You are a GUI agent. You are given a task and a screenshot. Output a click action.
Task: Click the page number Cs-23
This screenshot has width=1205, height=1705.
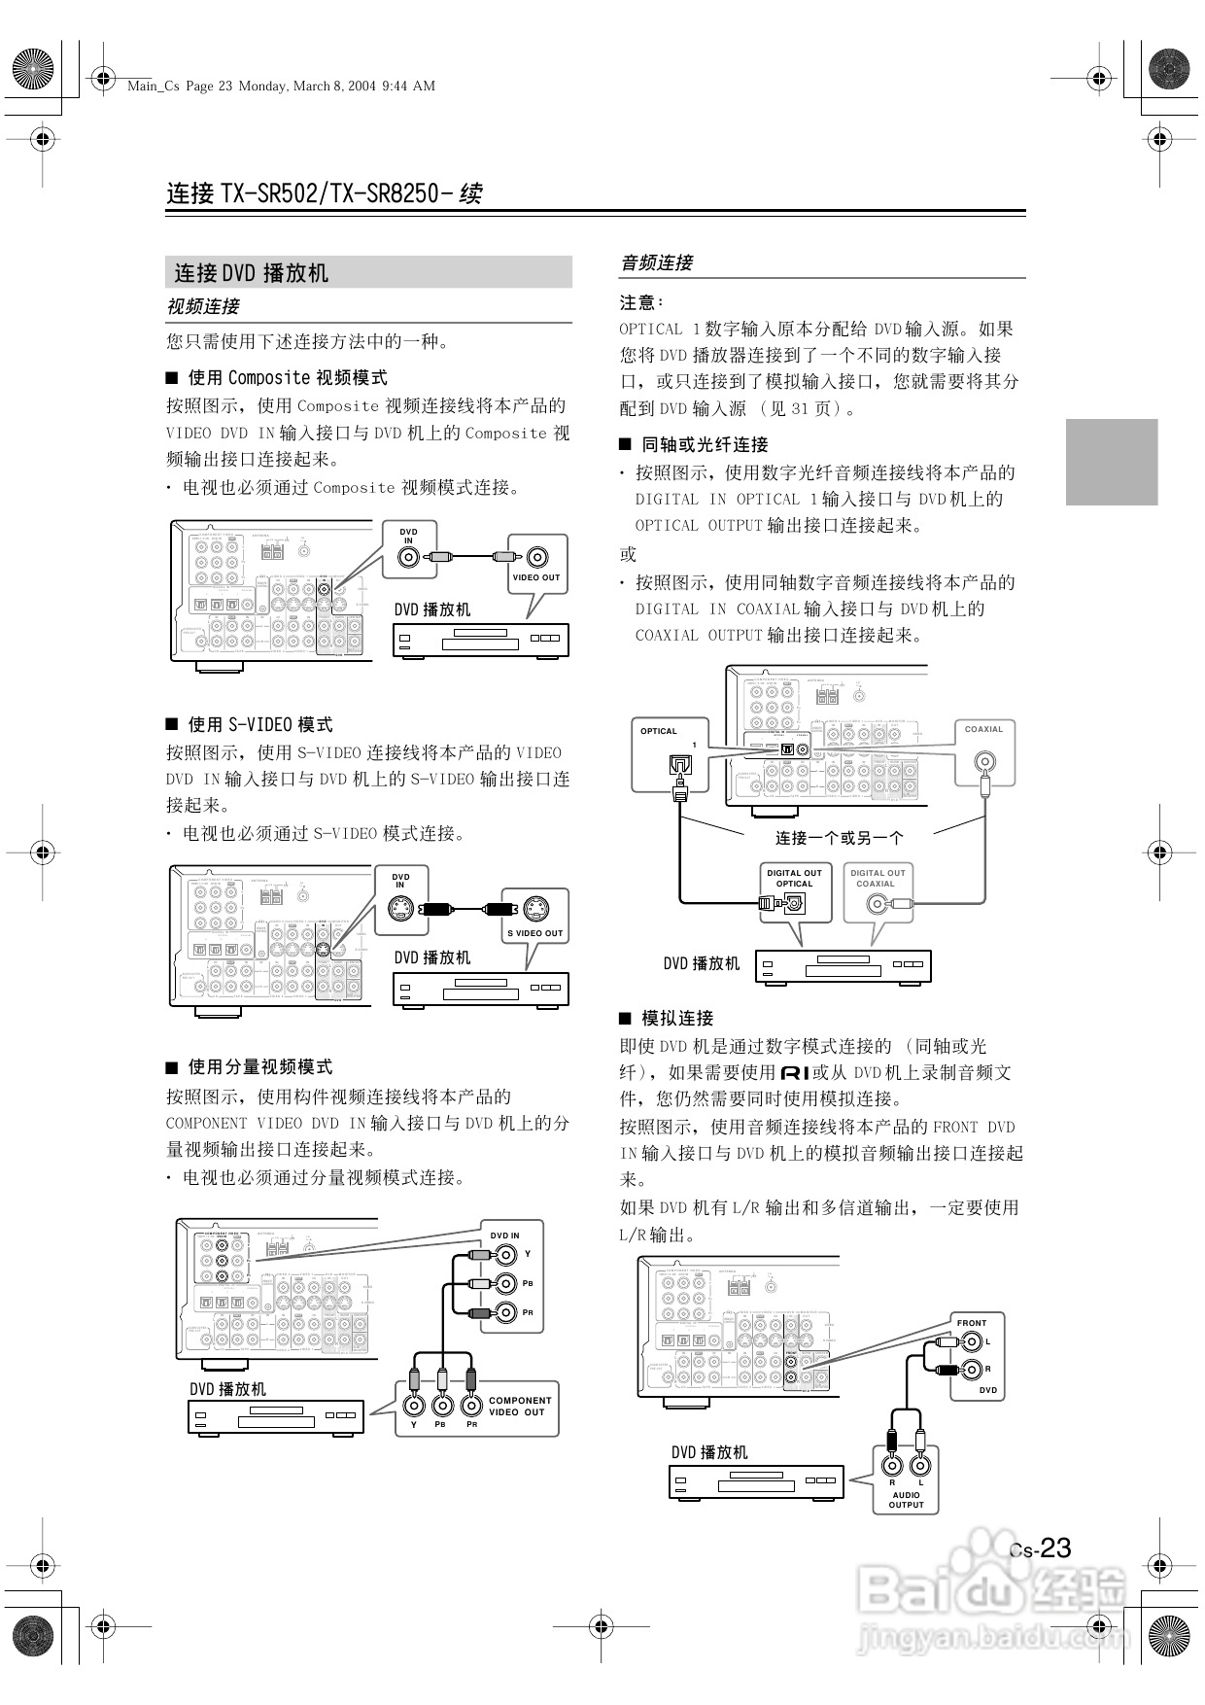[x=1040, y=1548]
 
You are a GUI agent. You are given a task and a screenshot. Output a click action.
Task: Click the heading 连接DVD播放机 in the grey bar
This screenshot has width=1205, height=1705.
[x=252, y=273]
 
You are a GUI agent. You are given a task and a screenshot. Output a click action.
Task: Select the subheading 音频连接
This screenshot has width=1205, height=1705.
[x=657, y=262]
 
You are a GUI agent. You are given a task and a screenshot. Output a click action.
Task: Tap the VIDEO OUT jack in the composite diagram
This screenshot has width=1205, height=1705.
[x=537, y=557]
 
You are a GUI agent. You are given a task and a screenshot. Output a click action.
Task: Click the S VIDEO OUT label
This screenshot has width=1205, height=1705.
[x=535, y=933]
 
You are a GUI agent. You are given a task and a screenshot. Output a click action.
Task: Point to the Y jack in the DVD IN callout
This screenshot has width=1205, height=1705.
[x=505, y=1255]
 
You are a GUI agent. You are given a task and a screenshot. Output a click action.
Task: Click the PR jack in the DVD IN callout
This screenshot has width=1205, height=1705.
[x=505, y=1313]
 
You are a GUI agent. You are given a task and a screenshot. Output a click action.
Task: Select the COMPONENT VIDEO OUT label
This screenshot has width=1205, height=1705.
[x=520, y=1407]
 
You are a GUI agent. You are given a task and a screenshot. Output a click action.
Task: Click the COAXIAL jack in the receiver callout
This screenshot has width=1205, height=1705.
[x=984, y=760]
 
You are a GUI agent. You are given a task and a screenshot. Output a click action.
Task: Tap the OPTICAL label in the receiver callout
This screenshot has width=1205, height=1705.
[x=659, y=731]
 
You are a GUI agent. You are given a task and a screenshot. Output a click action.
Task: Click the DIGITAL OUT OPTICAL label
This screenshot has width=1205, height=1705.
[x=794, y=878]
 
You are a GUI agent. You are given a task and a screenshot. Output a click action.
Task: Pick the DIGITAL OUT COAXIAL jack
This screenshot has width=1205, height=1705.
[x=878, y=904]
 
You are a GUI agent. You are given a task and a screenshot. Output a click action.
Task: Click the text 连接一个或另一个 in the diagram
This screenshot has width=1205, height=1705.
[x=840, y=837]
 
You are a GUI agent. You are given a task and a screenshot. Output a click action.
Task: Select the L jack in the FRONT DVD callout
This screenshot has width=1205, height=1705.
[x=971, y=1342]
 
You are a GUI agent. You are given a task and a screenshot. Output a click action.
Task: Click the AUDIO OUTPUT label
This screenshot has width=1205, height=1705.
[x=906, y=1500]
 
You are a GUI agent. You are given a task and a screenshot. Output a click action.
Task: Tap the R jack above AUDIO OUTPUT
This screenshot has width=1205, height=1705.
[x=892, y=1465]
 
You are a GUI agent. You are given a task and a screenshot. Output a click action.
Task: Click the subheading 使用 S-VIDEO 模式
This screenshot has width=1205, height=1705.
[x=259, y=724]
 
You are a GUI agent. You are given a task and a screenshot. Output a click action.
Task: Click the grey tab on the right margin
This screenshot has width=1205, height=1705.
[x=1112, y=462]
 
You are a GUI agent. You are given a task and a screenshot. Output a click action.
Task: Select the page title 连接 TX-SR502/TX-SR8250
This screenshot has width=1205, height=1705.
[x=325, y=193]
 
